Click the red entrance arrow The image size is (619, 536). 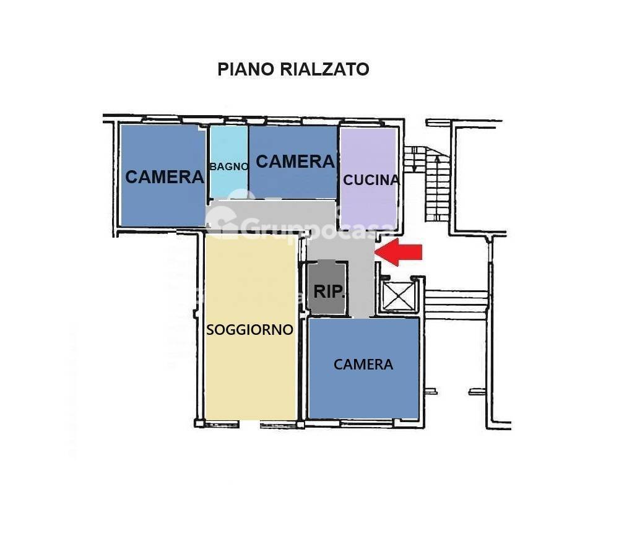pos(398,252)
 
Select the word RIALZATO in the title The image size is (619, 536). pos(324,69)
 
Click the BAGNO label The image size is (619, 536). pos(229,166)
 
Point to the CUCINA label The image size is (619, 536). pos(371,180)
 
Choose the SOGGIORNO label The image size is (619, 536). pos(250,329)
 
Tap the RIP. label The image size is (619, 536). pos(329,292)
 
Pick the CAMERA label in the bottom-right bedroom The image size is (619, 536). pos(363,365)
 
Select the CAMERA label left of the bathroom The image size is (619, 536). pos(164,177)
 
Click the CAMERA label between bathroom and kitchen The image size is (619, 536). pos(295,162)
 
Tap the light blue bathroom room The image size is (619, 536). pos(229,162)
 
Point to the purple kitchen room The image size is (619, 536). pos(369,177)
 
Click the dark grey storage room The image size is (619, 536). pos(327,287)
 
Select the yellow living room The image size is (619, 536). pos(251,327)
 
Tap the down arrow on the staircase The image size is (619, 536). pos(414,161)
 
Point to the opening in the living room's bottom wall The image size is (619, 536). pos(249,424)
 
